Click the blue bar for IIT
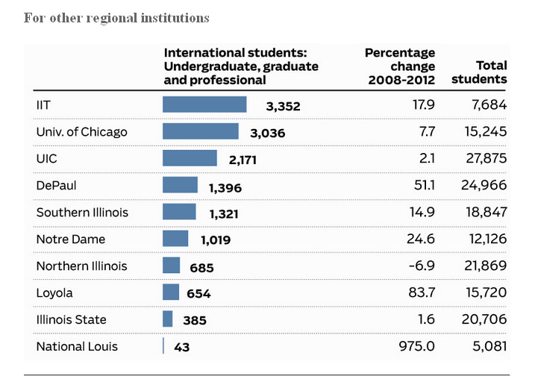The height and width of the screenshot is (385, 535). point(204,104)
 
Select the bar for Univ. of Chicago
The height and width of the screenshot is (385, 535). point(201,131)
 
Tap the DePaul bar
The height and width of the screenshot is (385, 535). point(180,185)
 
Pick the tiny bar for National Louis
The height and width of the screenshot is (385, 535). point(163,346)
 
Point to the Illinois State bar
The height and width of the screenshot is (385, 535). point(168,319)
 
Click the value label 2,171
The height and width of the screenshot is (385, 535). point(243,160)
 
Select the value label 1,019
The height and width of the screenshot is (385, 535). point(216,240)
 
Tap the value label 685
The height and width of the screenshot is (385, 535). point(201,267)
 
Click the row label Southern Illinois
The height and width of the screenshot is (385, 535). point(82,213)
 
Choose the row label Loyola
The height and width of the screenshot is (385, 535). point(54,293)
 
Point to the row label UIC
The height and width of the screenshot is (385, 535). point(47,158)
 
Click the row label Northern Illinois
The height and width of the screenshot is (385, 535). point(82,266)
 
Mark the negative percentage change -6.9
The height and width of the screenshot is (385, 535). point(422,266)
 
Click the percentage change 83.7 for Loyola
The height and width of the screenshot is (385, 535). point(423,293)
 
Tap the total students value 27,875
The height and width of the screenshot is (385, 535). point(486,158)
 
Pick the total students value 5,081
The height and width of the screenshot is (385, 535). point(489,346)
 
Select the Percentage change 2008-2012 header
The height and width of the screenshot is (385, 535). point(400,66)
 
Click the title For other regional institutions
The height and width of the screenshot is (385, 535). point(116,17)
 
